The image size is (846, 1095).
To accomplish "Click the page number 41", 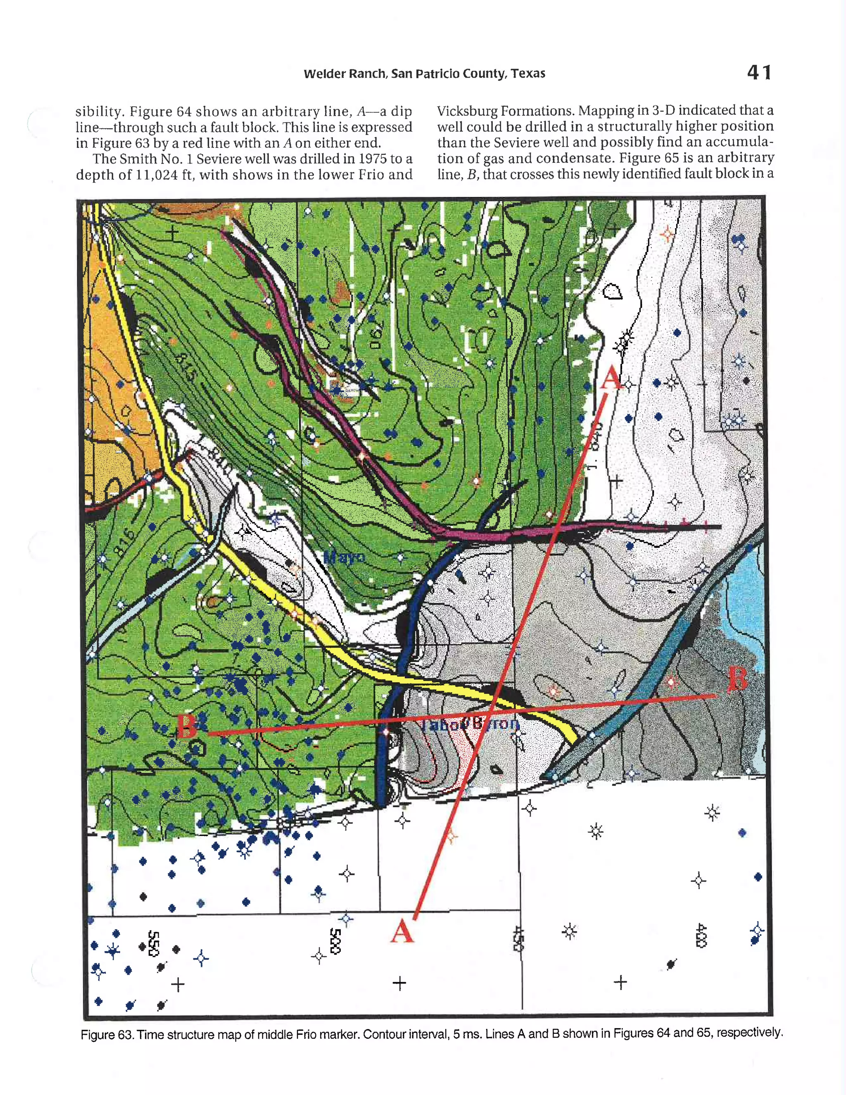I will coord(759,73).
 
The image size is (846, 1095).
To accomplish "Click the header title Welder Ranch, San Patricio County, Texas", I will coord(424,74).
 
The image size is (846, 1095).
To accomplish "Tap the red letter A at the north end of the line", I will coord(611,378).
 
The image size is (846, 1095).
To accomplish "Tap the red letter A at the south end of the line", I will coord(402,932).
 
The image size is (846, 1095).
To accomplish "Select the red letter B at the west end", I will coord(186,726).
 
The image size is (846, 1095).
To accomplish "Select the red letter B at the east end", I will coord(737,679).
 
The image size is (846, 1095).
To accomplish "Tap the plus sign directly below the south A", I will coord(399,983).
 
